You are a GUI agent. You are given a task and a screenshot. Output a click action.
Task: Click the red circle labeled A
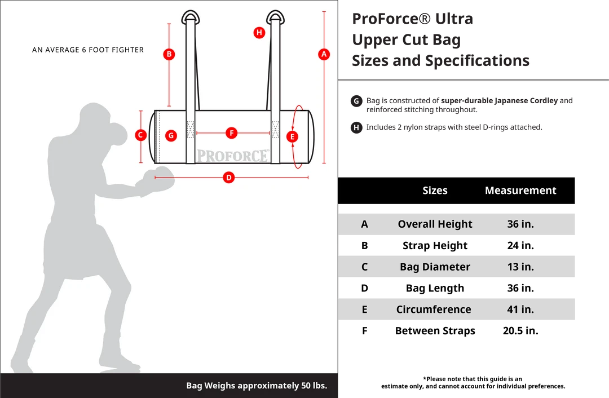(324, 54)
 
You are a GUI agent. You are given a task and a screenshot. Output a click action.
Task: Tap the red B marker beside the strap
(169, 54)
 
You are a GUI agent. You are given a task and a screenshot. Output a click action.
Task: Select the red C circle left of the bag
(142, 135)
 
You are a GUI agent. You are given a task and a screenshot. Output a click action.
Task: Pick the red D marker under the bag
(228, 178)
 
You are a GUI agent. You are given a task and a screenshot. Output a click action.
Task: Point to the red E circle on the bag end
(292, 136)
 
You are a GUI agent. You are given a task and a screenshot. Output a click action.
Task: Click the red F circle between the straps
(231, 133)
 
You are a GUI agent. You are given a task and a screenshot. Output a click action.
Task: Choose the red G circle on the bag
(171, 135)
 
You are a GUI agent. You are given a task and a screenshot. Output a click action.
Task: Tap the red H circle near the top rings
(259, 32)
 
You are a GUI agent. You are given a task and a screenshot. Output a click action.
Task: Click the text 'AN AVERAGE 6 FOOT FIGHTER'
(88, 50)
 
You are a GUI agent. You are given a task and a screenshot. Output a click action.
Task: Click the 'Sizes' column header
(435, 191)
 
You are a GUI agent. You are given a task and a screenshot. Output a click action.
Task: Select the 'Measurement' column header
(520, 191)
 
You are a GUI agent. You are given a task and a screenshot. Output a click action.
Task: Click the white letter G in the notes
(356, 101)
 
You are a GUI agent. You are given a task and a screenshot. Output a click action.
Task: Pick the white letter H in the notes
(356, 128)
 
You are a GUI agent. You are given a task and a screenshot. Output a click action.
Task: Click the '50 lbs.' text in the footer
(311, 386)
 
